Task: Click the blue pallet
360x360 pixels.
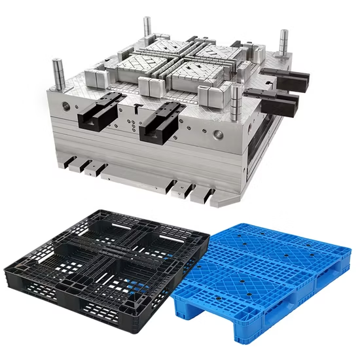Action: (x=262, y=275)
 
